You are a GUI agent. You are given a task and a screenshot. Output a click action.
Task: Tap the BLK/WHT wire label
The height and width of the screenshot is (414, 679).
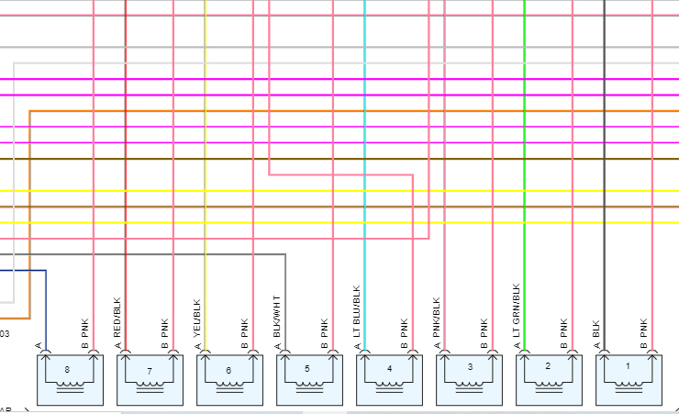[277, 318]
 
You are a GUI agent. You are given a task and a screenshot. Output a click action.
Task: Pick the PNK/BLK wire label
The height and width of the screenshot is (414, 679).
[437, 319]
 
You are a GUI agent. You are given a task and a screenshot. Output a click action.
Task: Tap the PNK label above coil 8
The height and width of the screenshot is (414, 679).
[85, 330]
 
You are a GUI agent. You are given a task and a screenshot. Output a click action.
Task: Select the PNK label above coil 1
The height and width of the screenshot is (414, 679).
[644, 330]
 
